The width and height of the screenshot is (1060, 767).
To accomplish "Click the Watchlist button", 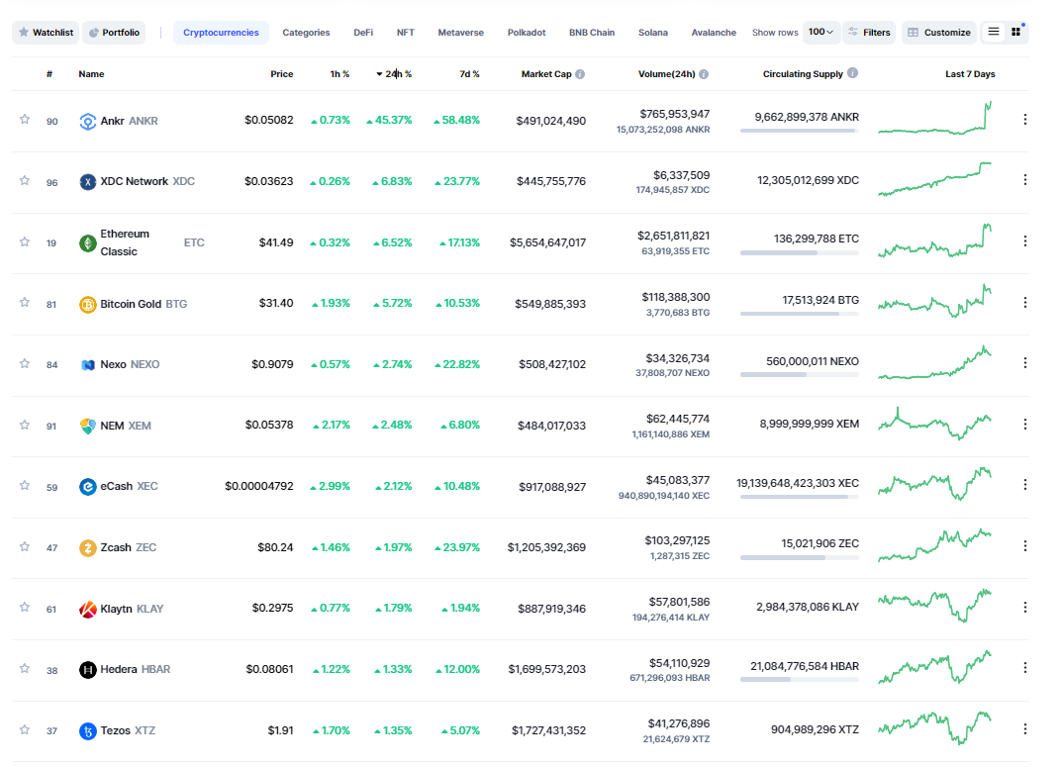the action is pyautogui.click(x=46, y=33).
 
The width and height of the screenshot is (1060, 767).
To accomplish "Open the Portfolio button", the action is pyautogui.click(x=114, y=33).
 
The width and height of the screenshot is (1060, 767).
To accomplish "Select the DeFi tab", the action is pyautogui.click(x=363, y=33).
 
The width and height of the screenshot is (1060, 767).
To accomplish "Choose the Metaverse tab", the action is pyautogui.click(x=460, y=33).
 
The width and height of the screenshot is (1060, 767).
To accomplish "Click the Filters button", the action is pyautogui.click(x=870, y=33).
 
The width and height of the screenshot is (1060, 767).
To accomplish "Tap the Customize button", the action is pyautogui.click(x=939, y=33).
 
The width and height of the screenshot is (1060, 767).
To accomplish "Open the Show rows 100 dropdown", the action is pyautogui.click(x=820, y=32).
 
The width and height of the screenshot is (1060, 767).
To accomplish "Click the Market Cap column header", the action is pyautogui.click(x=546, y=74).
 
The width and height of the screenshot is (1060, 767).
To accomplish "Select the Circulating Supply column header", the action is pyautogui.click(x=803, y=74).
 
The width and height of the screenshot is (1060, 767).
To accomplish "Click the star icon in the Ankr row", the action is pyautogui.click(x=25, y=120).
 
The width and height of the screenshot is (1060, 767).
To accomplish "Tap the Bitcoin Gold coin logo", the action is pyautogui.click(x=88, y=305).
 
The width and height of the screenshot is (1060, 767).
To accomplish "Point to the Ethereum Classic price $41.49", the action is pyautogui.click(x=276, y=242).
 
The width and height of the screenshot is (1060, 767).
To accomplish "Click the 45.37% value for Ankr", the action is pyautogui.click(x=394, y=121).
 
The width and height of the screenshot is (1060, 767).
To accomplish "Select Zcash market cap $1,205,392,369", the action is pyautogui.click(x=547, y=547).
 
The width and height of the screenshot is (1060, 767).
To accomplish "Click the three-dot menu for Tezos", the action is pyautogui.click(x=1024, y=729).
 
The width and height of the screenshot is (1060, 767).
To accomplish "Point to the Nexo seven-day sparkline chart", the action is pyautogui.click(x=934, y=363).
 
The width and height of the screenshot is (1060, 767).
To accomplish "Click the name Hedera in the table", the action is pyautogui.click(x=119, y=670).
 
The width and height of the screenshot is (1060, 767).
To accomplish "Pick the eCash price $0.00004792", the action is pyautogui.click(x=259, y=487).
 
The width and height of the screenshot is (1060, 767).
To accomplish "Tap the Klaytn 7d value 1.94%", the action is pyautogui.click(x=465, y=609).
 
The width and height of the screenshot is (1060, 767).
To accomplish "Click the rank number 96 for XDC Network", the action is pyautogui.click(x=52, y=182).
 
